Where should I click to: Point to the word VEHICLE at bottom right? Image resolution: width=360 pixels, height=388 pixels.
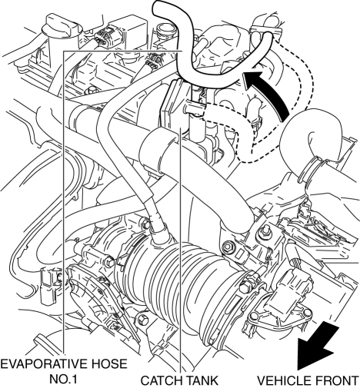(287, 380)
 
